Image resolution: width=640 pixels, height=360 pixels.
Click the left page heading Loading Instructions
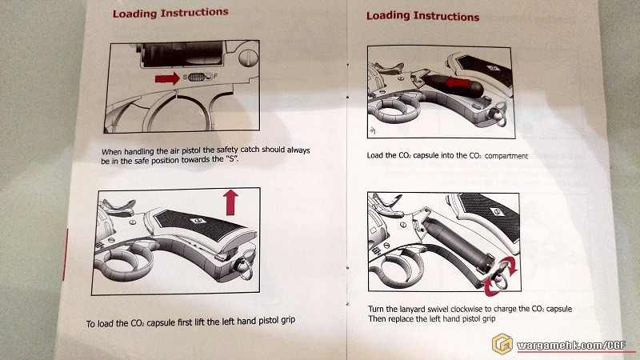(x=170, y=13)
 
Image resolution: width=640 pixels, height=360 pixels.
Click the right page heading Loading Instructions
(x=422, y=16)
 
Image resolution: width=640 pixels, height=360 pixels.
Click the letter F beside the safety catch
(x=214, y=78)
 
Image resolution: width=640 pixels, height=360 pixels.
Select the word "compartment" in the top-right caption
(x=502, y=156)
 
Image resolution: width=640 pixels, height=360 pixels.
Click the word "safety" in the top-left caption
(x=219, y=150)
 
